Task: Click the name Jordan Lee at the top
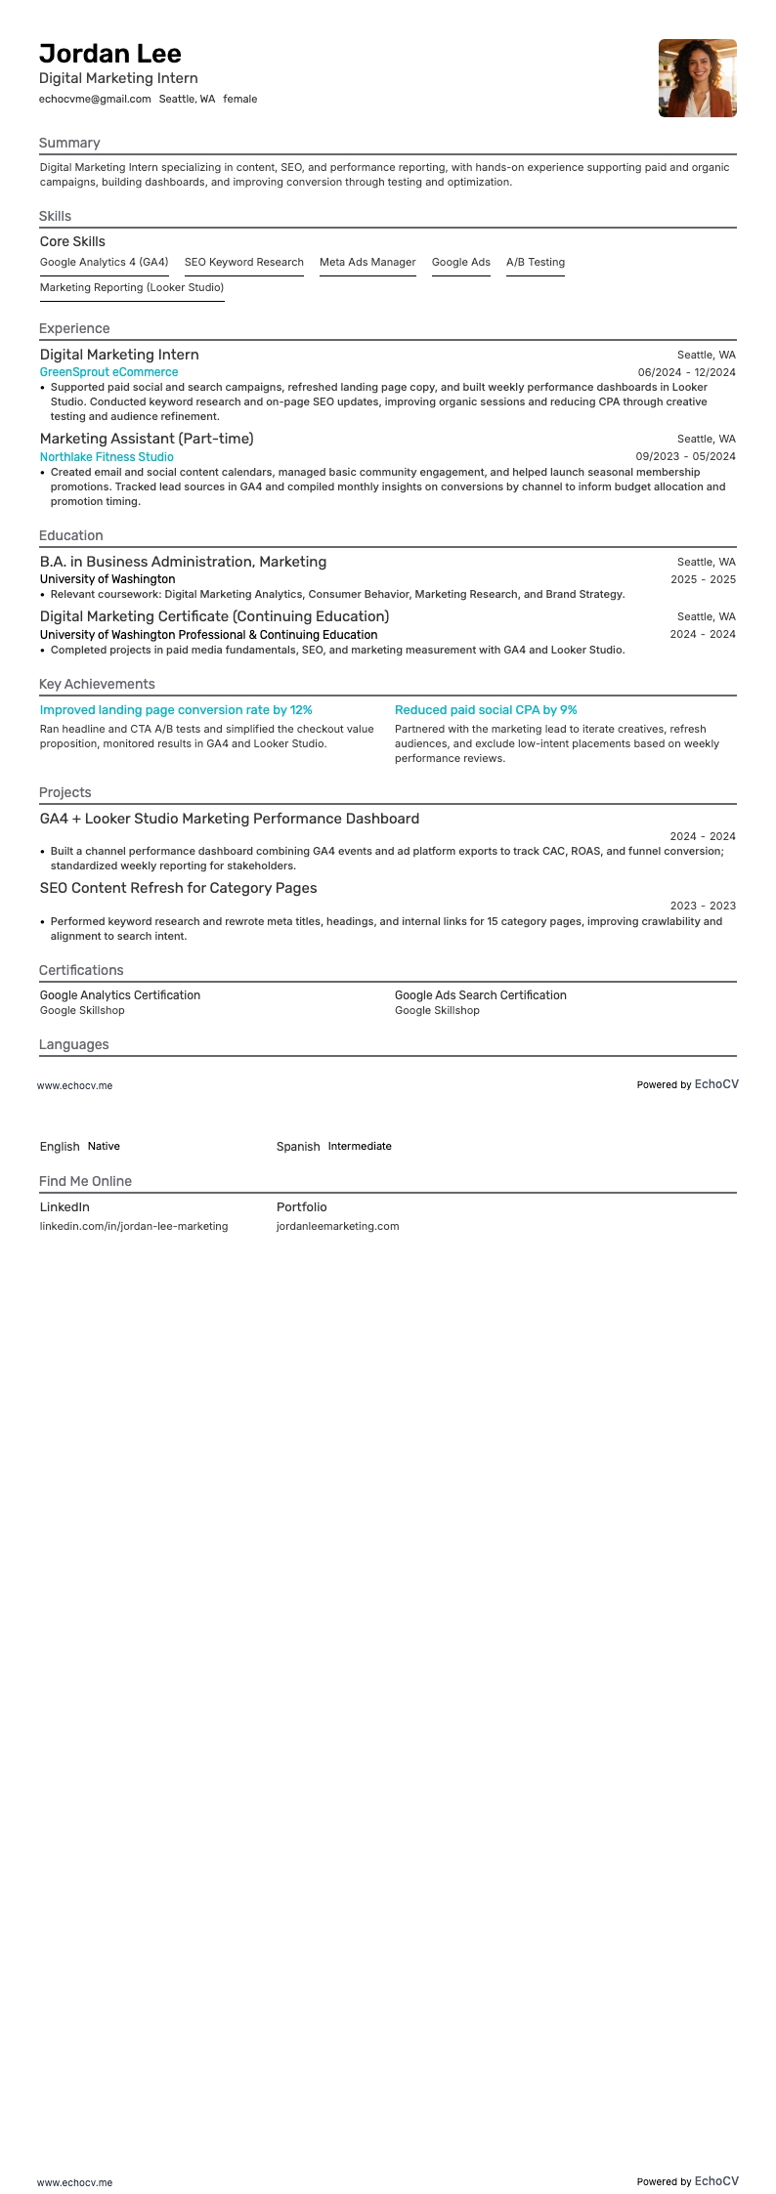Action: click(110, 54)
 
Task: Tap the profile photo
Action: click(697, 78)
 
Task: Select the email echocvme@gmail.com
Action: click(95, 99)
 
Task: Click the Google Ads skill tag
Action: click(460, 262)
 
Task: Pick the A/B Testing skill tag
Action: click(535, 262)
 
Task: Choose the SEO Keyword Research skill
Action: click(243, 262)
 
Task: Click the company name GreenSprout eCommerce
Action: click(108, 372)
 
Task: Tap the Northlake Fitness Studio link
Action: click(107, 456)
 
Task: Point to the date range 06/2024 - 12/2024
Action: click(686, 372)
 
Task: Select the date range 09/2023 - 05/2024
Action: click(685, 456)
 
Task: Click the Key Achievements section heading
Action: click(97, 684)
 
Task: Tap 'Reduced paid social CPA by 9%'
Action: click(486, 710)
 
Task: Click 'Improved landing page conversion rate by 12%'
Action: click(176, 710)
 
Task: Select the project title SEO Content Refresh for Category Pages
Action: click(178, 888)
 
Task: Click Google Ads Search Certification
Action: click(480, 994)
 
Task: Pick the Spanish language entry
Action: click(298, 1146)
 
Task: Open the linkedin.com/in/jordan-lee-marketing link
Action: click(134, 1226)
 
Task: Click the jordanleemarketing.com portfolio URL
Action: click(337, 1226)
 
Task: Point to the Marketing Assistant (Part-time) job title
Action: click(147, 439)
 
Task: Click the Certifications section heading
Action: click(81, 970)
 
